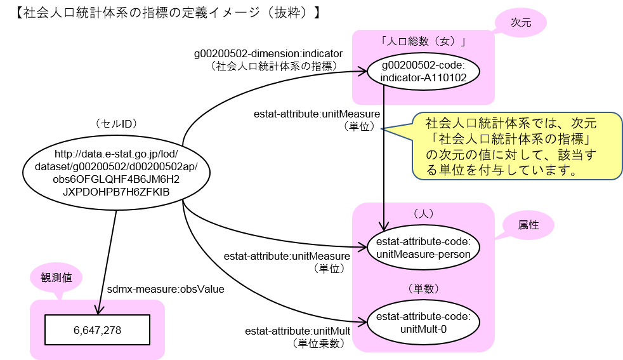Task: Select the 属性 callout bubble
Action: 528,225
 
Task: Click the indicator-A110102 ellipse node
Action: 423,71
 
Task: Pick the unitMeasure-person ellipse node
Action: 423,248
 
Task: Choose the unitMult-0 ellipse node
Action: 423,323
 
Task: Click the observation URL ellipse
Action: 117,172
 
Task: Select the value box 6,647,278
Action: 97,330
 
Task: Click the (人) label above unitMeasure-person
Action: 423,214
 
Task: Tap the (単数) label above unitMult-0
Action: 423,288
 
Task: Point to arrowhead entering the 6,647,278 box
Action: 97,310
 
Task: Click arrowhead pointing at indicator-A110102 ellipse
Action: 364,72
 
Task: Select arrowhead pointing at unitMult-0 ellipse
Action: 364,323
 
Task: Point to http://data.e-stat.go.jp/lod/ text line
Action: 117,154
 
